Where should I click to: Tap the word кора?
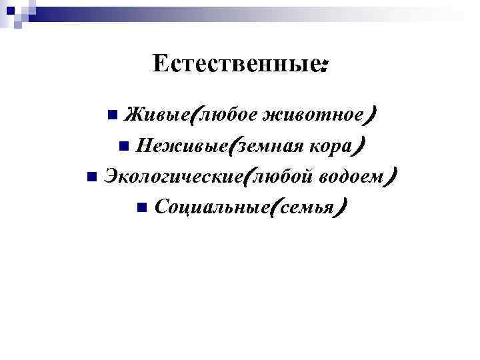[x=332, y=145]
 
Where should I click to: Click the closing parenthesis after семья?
[x=341, y=209]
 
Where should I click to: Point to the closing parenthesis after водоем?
[x=394, y=177]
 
